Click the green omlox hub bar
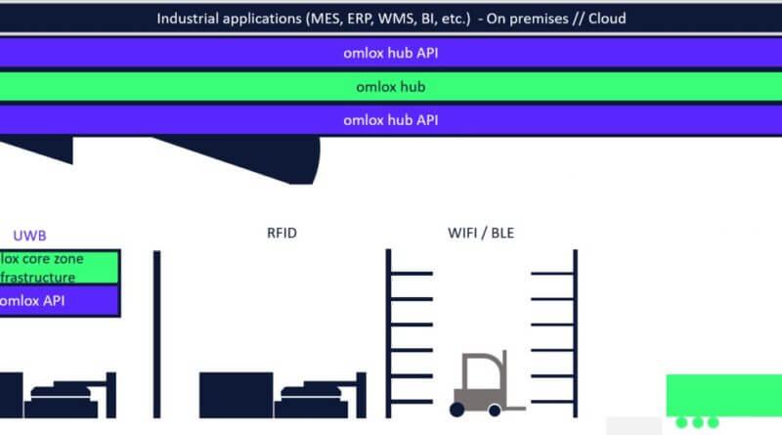point(391,86)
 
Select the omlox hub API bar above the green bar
point(391,53)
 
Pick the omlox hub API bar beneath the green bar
point(391,120)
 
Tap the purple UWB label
point(29,235)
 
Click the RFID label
point(282,234)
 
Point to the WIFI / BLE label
point(480,234)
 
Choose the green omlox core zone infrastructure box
point(59,267)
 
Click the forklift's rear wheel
point(458,407)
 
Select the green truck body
point(723,394)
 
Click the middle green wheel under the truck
point(697,423)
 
